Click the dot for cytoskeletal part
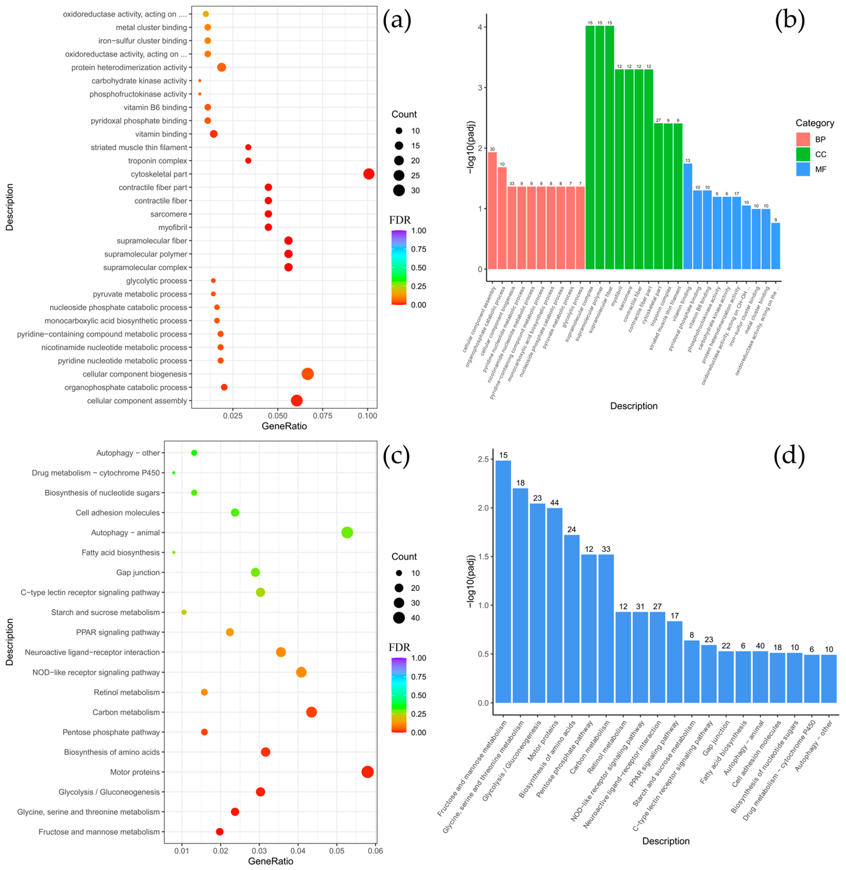[x=368, y=174]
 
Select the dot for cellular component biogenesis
[x=308, y=374]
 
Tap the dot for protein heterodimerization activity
[x=221, y=67]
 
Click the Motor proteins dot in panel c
[x=367, y=772]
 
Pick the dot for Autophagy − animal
[x=347, y=532]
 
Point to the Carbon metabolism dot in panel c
[x=311, y=712]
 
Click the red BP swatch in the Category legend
[x=802, y=139]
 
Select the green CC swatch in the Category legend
[x=802, y=154]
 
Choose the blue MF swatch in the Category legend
[x=802, y=169]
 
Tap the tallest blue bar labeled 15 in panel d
[x=503, y=582]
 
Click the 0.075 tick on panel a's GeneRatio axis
[x=323, y=416]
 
